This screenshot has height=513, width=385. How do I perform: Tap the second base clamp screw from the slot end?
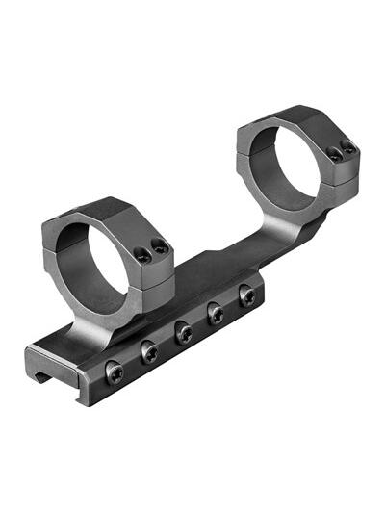[149, 352]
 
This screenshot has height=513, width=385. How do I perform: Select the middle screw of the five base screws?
[183, 332]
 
